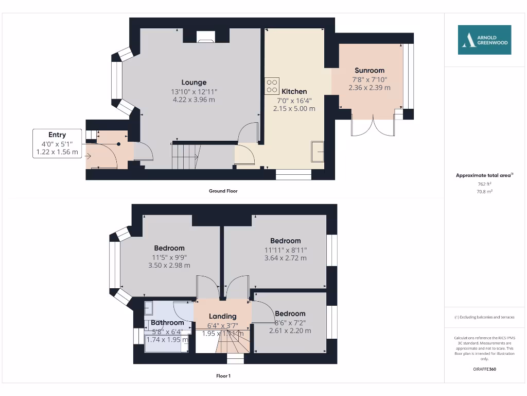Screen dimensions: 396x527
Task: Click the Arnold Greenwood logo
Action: point(485,40)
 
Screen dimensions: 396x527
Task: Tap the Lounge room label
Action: point(194,82)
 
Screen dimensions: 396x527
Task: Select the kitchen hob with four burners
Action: point(272,86)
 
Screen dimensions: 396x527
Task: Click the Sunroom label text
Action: point(369,70)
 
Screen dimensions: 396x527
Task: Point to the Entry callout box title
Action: point(57,135)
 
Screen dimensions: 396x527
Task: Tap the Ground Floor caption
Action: point(223,191)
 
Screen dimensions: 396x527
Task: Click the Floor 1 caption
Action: point(223,376)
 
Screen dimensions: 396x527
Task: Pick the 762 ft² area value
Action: point(484,184)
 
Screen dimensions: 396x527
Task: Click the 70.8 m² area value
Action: point(484,191)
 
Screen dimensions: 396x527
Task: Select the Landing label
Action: point(222,316)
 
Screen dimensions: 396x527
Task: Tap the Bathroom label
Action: point(167,323)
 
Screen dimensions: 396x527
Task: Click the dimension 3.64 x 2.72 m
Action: point(286,258)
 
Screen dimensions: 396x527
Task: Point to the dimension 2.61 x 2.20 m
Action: point(290,331)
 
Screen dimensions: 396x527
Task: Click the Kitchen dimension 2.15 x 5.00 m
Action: point(294,109)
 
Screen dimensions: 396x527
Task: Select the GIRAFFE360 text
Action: point(484,369)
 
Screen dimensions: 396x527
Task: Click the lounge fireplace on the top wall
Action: point(206,36)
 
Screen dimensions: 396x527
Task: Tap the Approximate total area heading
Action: point(484,175)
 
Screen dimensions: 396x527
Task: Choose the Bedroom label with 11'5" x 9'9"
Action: point(169,248)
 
